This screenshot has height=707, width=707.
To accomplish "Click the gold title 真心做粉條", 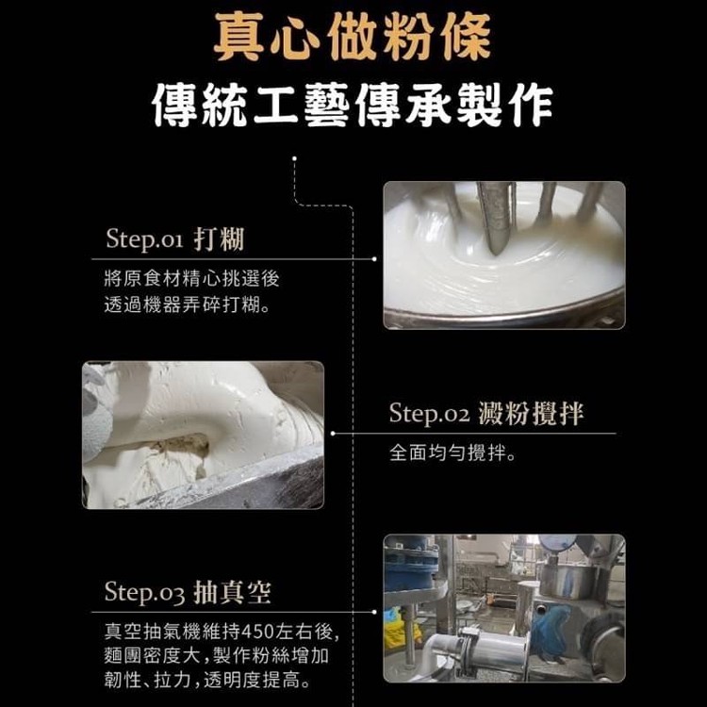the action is pos(353,37).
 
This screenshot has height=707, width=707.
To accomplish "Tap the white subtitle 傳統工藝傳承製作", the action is pos(353,105).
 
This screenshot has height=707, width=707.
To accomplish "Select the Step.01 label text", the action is pos(144,238).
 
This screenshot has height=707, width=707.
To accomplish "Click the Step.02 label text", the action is pos(429,413).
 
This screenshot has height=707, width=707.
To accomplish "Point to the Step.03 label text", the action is pos(144,592).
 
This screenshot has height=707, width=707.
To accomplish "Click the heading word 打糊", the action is pos(219,239).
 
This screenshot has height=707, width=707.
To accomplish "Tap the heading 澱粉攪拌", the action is pos(531,413).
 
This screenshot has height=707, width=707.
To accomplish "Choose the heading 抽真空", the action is pos(233,592).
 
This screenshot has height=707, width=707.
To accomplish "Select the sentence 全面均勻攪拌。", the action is pos(452,452).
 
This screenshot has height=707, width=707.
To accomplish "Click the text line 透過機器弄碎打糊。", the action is pos(188,304).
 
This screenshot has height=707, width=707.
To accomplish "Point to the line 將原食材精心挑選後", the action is pos(191,279).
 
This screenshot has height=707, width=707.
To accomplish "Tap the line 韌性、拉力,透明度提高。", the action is pos(207,680).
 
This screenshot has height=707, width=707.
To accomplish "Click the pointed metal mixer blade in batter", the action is pos(496,219).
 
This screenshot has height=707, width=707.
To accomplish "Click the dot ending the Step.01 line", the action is pos(374,259).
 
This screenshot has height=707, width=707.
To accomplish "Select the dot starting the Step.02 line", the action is pos(333,434).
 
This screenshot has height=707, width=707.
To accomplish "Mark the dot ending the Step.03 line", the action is pos(374,612).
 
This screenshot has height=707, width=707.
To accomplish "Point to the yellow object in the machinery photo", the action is pos(399,629).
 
